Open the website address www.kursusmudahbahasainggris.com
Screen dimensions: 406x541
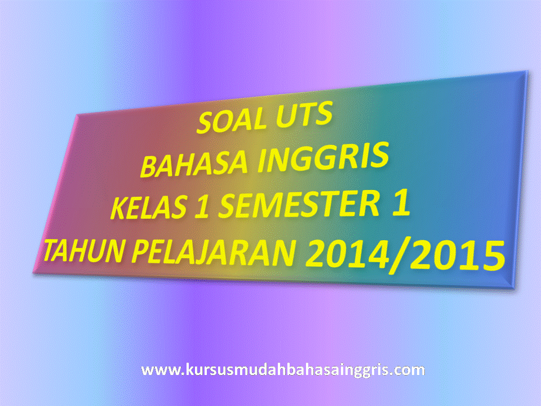282,370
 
